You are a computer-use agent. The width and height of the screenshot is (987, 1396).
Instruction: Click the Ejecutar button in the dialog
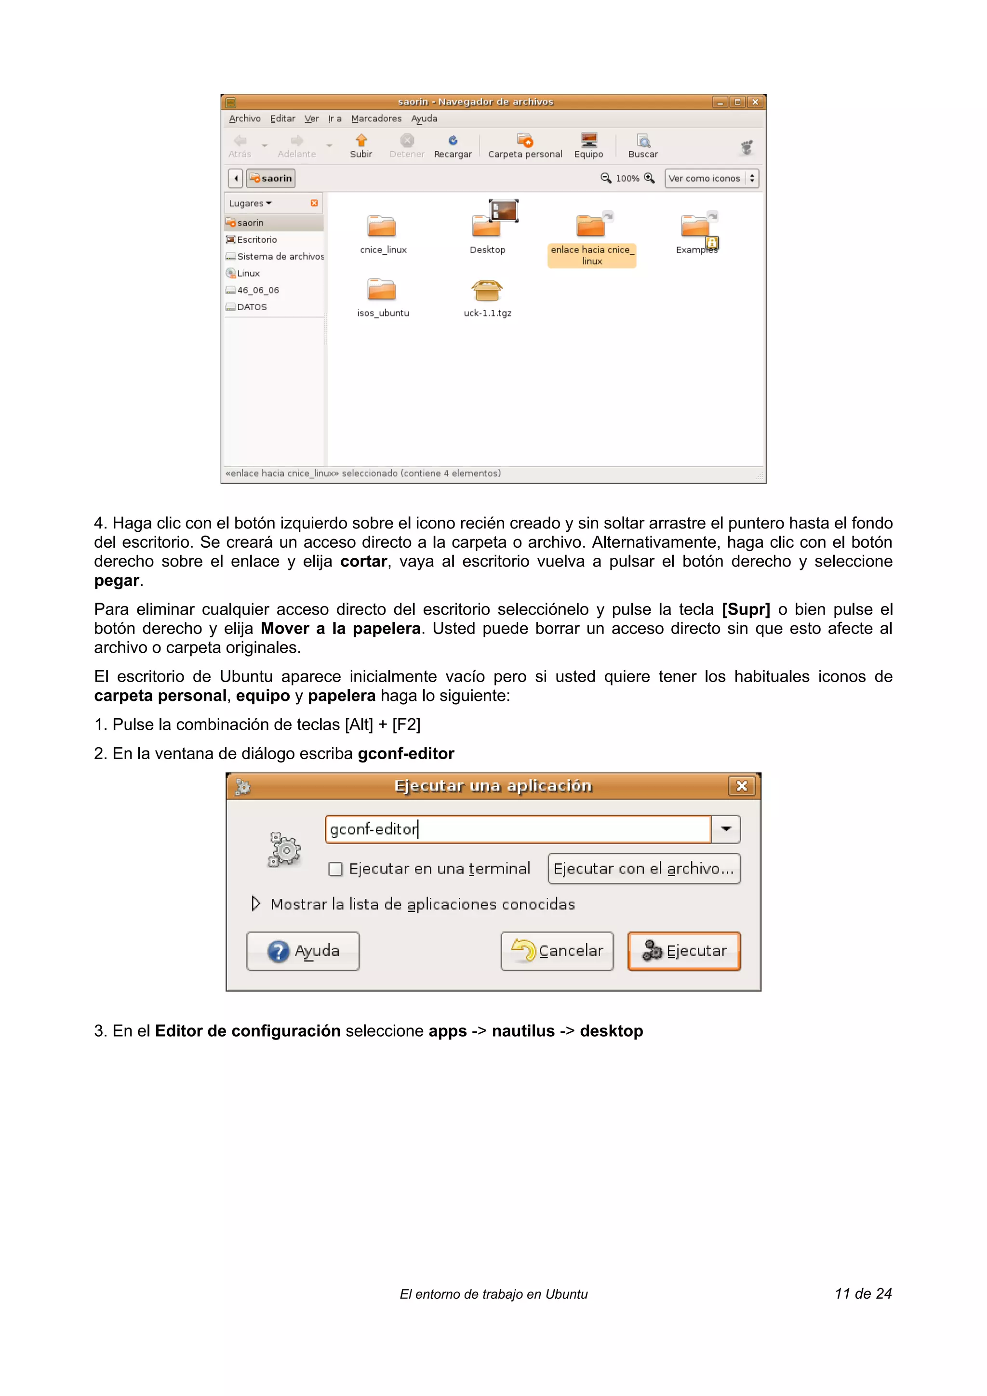683,951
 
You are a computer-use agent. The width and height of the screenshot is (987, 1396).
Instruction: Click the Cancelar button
557,951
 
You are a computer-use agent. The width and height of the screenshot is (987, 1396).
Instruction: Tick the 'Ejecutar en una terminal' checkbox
335,869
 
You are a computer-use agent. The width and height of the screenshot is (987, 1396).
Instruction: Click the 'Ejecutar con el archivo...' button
643,869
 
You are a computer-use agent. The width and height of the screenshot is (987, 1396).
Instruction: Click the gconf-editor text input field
517,830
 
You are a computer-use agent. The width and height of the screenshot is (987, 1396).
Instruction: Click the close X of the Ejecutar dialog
741,786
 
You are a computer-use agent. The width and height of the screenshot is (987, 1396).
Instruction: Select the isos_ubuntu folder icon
382,290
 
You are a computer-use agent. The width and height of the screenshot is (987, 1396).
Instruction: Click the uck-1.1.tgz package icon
487,290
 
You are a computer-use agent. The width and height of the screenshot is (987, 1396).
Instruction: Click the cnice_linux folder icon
382,226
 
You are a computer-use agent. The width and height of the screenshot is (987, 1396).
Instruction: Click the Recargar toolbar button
453,146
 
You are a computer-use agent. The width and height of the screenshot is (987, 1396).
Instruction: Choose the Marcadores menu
376,119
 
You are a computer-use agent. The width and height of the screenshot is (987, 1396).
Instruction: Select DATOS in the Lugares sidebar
252,307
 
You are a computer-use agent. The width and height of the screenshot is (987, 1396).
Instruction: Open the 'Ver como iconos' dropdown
711,178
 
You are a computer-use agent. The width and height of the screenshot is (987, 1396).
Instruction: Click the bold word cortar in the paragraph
363,561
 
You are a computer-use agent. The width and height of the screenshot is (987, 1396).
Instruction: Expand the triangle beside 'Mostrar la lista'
256,904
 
